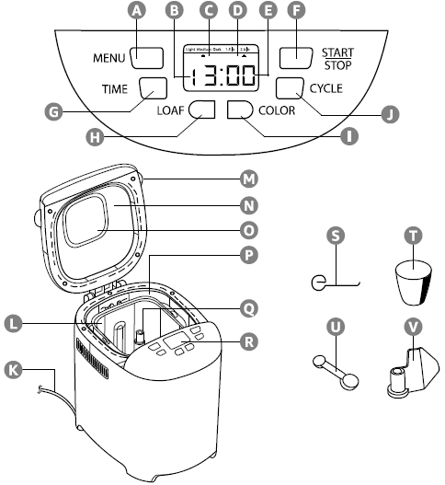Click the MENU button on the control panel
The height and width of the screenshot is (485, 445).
click(147, 57)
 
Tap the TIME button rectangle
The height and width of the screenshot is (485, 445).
click(154, 88)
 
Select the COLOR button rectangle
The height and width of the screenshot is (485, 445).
click(241, 110)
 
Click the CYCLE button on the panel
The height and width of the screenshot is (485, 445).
click(290, 88)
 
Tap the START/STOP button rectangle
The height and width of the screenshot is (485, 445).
click(296, 57)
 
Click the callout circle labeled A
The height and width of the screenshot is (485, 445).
click(138, 11)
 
